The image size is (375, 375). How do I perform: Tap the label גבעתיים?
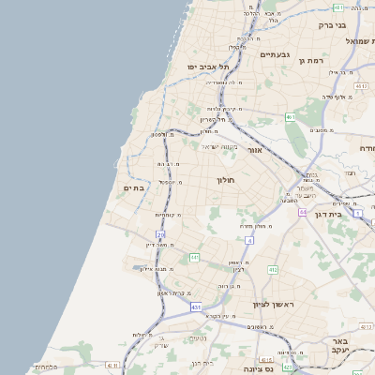click(x=276, y=54)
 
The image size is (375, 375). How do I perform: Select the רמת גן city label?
click(x=311, y=61)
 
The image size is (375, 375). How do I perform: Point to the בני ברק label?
click(x=354, y=25)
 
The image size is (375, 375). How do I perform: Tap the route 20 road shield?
click(x=160, y=234)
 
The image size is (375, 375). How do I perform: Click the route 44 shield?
click(x=303, y=213)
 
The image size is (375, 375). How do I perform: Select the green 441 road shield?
click(x=194, y=257)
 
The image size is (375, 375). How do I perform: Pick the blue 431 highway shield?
click(x=196, y=307)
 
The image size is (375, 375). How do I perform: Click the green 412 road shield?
click(x=273, y=270)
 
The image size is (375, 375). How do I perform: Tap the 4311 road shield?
click(x=113, y=365)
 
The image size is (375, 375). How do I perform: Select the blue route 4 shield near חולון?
click(x=249, y=241)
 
